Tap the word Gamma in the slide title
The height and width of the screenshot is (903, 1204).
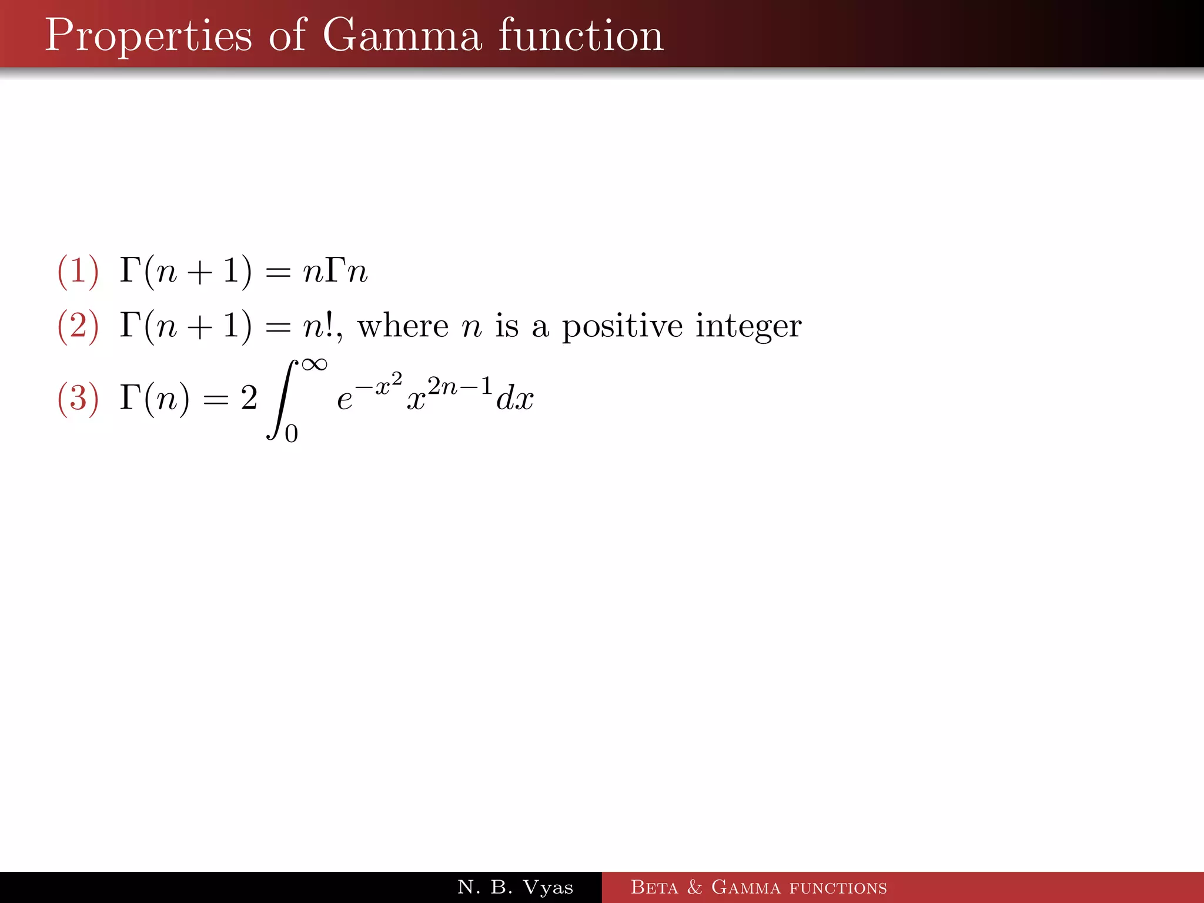click(x=403, y=35)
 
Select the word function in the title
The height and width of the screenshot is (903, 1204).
click(x=581, y=35)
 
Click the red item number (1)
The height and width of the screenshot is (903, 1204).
click(x=78, y=272)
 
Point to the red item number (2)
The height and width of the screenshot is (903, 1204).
click(x=78, y=326)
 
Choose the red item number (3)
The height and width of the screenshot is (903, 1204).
click(x=78, y=398)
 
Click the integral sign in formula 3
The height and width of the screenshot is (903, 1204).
click(x=281, y=400)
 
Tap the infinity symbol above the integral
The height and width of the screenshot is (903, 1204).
click(x=314, y=364)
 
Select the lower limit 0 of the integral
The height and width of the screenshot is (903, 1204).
click(x=291, y=434)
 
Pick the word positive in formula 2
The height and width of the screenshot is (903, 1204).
click(x=622, y=326)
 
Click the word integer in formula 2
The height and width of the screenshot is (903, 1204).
click(x=748, y=326)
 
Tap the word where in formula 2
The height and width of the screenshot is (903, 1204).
click(x=403, y=326)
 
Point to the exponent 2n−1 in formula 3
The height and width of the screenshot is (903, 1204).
click(x=459, y=387)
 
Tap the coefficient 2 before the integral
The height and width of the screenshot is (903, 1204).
click(x=249, y=399)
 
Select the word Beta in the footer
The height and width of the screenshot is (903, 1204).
click(x=654, y=887)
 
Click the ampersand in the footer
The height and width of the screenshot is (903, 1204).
click(x=694, y=887)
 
